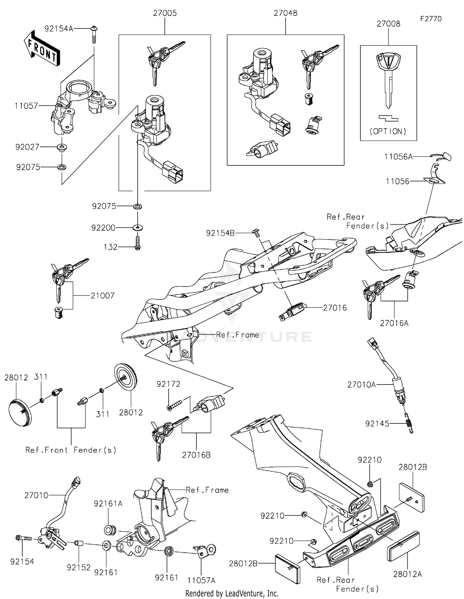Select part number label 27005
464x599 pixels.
pos(165,13)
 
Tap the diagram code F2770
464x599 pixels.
pos(431,19)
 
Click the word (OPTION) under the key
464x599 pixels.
pos(388,131)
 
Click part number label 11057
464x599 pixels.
pos(26,106)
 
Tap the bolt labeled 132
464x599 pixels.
pos(138,243)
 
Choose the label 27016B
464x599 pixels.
pos(196,455)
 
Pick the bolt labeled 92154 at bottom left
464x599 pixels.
pos(24,538)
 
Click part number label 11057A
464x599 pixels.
pos(201,580)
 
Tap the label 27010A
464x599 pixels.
pos(361,384)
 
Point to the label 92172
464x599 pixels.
pos(168,384)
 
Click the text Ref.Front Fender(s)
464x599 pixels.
pos(71,450)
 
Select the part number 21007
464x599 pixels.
pos(102,296)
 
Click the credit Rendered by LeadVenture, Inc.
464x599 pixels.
pos(232,593)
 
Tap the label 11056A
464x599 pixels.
pos(398,157)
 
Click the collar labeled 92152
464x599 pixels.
pos(79,543)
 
